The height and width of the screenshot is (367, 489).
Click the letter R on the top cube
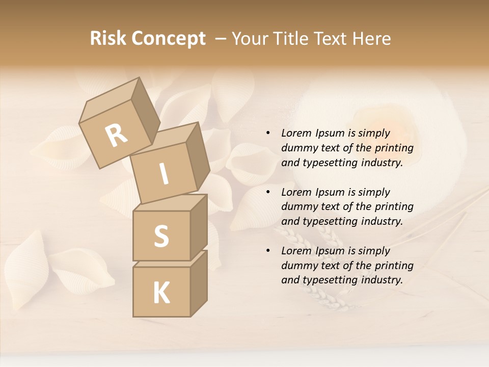117,135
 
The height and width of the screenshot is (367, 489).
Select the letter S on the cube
161,235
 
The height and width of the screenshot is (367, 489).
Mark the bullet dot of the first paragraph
268,133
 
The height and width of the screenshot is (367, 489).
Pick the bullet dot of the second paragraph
268,192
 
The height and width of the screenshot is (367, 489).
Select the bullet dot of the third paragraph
268,251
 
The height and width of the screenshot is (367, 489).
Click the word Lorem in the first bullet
295,133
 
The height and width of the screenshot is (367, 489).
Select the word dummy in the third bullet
298,266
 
